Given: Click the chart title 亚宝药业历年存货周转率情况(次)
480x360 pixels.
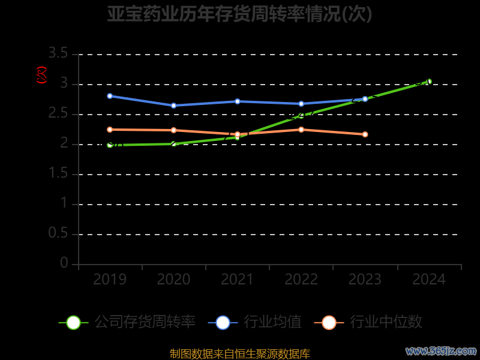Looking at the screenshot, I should pos(240,14).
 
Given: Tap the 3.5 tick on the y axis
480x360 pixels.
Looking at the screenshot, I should pos(58,54).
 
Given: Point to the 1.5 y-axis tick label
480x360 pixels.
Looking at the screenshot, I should pos(58,174).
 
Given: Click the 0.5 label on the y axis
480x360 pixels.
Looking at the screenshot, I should pos(58,234).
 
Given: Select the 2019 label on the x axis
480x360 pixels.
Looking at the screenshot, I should pos(110,280).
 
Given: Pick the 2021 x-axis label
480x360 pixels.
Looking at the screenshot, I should pos(237,280).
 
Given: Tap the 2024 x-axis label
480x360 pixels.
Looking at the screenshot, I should pos(429,280).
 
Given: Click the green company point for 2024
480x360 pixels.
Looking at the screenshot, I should pos(428,82).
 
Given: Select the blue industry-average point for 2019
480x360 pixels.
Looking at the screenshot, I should pos(110,96).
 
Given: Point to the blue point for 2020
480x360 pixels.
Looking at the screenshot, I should pos(173,106).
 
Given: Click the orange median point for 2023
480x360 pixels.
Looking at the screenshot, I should pos(365,134).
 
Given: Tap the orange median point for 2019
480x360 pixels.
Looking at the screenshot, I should pos(110,130).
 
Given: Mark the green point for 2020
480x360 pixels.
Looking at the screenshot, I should pos(173,144).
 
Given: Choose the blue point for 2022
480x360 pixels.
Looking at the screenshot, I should pos(301,104).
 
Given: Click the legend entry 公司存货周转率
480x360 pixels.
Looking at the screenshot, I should pos(127,322).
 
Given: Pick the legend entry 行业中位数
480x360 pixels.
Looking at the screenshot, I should pos(368,322).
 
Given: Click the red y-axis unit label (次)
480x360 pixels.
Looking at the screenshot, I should pos(41,75).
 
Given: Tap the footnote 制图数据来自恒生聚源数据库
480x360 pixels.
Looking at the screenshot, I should pos(240,354).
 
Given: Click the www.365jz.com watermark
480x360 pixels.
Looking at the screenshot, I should pos(441,351).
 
